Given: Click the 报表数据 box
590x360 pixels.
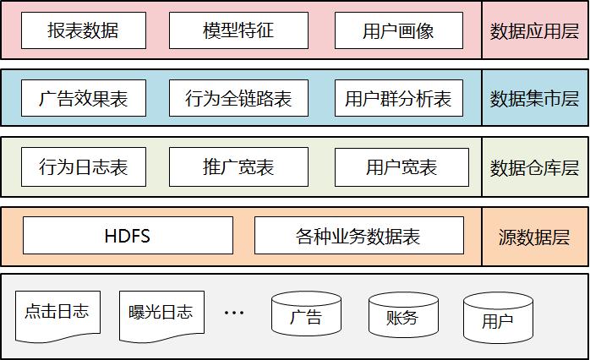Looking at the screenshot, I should (x=83, y=30).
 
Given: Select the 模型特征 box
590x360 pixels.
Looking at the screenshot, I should (x=238, y=30).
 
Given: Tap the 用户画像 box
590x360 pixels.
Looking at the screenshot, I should (x=398, y=30).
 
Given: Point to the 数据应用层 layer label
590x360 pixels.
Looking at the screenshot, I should (x=534, y=31).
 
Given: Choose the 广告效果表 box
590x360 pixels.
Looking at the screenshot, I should (x=83, y=98).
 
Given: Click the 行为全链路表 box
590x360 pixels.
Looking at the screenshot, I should (x=238, y=98).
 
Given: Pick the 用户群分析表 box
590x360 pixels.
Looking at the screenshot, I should (x=398, y=98).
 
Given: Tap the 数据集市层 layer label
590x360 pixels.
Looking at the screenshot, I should (x=534, y=99).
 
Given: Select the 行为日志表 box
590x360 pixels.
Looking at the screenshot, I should (x=83, y=166).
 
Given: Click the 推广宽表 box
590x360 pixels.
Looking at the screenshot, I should (x=238, y=166).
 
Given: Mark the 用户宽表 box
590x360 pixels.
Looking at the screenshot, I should (x=402, y=166).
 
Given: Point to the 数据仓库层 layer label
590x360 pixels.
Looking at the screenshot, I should (x=534, y=167).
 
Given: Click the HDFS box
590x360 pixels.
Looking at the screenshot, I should (x=128, y=235).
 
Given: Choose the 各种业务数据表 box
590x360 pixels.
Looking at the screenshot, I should (x=358, y=235).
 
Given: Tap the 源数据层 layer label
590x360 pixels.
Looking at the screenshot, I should (x=534, y=236).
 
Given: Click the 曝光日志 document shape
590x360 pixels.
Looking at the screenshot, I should (x=156, y=313).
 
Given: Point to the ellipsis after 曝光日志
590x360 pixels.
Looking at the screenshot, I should (x=233, y=313).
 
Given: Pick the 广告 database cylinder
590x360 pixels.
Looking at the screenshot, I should (x=306, y=316).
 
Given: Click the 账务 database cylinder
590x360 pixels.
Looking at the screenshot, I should (x=402, y=316).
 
